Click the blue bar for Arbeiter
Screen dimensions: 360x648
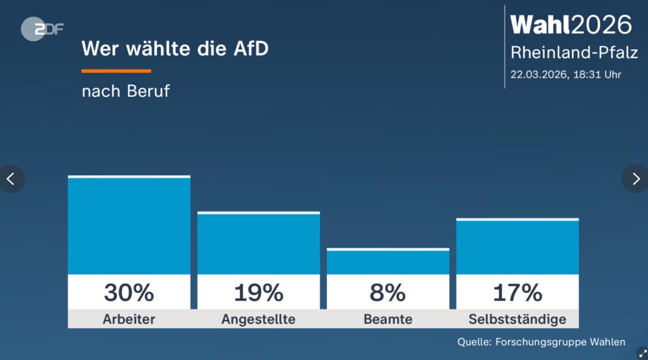[x=129, y=226]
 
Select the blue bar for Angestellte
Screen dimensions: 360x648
[x=258, y=243]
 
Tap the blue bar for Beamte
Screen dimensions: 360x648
[x=388, y=262]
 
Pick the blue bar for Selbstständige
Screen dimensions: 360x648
[x=517, y=247]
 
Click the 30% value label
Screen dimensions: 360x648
[x=129, y=292]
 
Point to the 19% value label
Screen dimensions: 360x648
[x=258, y=292]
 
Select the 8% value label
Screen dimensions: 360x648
[x=388, y=292]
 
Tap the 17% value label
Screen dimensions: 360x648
[x=517, y=292]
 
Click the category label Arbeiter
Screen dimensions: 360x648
[x=129, y=320]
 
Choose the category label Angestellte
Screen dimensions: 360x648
[x=258, y=320]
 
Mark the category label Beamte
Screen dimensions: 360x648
[x=388, y=320]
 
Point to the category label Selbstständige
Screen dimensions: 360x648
[x=517, y=320]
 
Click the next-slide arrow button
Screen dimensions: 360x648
[x=636, y=179]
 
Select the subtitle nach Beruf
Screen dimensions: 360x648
[x=126, y=91]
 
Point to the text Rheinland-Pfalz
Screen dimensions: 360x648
[x=574, y=53]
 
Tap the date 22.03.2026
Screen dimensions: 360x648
[x=539, y=75]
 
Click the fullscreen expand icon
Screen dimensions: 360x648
[x=642, y=353]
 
